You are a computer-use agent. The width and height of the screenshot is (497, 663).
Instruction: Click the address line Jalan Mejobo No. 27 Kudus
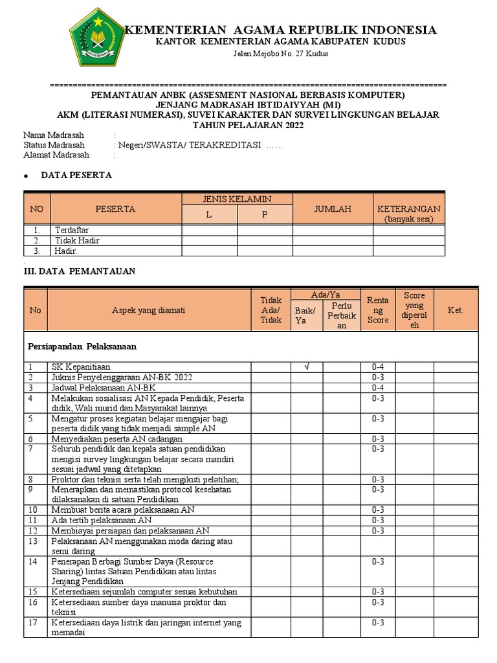pyautogui.click(x=280, y=53)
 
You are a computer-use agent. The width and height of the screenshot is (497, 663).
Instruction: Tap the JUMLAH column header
pyautogui.click(x=333, y=209)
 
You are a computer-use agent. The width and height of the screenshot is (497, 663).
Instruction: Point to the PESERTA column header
pyautogui.click(x=115, y=209)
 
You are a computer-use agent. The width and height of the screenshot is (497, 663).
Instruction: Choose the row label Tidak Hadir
pyautogui.click(x=77, y=240)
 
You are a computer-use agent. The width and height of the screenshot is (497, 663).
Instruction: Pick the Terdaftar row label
pyautogui.click(x=72, y=230)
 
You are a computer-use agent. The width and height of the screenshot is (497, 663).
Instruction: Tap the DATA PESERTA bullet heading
pyautogui.click(x=76, y=175)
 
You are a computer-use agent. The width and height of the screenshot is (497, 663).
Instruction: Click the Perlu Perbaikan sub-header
pyautogui.click(x=342, y=315)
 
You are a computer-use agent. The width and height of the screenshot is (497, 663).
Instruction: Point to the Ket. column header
pyautogui.click(x=456, y=310)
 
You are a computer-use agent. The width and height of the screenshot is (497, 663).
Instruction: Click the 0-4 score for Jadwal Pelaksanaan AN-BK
pyautogui.click(x=378, y=388)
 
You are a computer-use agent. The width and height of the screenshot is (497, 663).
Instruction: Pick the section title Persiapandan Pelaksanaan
pyautogui.click(x=82, y=346)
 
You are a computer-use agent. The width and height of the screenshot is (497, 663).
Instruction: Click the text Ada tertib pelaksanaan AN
pyautogui.click(x=102, y=520)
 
